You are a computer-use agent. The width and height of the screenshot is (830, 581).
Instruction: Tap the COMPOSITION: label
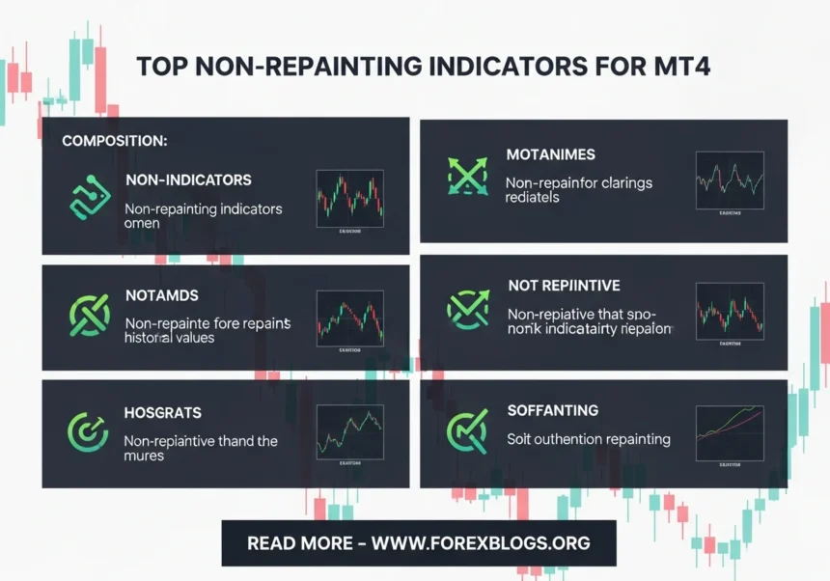pos(115,141)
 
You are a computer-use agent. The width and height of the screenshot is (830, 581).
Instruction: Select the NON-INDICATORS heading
pos(188,180)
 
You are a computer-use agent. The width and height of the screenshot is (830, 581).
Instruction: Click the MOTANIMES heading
pos(550,154)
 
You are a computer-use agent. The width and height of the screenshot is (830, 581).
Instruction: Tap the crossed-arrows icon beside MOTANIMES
pos(468,176)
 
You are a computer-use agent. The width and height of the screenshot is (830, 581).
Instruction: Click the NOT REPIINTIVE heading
pos(564,287)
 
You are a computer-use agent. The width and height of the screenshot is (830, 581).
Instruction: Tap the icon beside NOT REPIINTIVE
pos(468,308)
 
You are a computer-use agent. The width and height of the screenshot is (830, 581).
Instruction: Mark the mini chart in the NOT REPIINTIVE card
pos(730,312)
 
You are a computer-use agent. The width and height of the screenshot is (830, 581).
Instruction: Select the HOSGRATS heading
pos(163,413)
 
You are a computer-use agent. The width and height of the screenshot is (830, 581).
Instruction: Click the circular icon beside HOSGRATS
pos(88,432)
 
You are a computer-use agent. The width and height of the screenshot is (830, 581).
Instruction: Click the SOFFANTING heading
pos(552,411)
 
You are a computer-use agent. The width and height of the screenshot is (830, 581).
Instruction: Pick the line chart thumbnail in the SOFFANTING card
pos(730,431)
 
